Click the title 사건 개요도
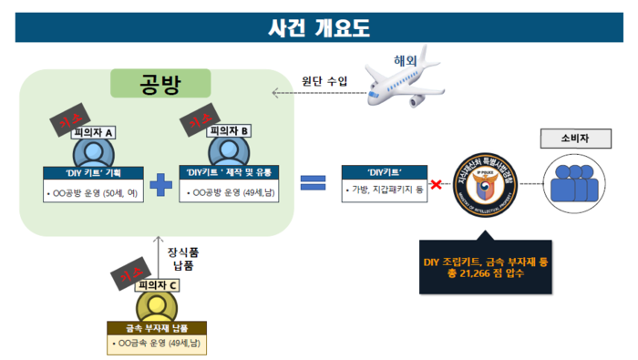click(x=319, y=27)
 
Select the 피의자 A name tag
click(x=93, y=132)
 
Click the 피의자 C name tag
click(x=158, y=285)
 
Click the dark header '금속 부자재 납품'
click(x=159, y=327)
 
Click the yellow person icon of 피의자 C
click(x=159, y=306)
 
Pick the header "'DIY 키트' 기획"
click(x=94, y=171)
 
